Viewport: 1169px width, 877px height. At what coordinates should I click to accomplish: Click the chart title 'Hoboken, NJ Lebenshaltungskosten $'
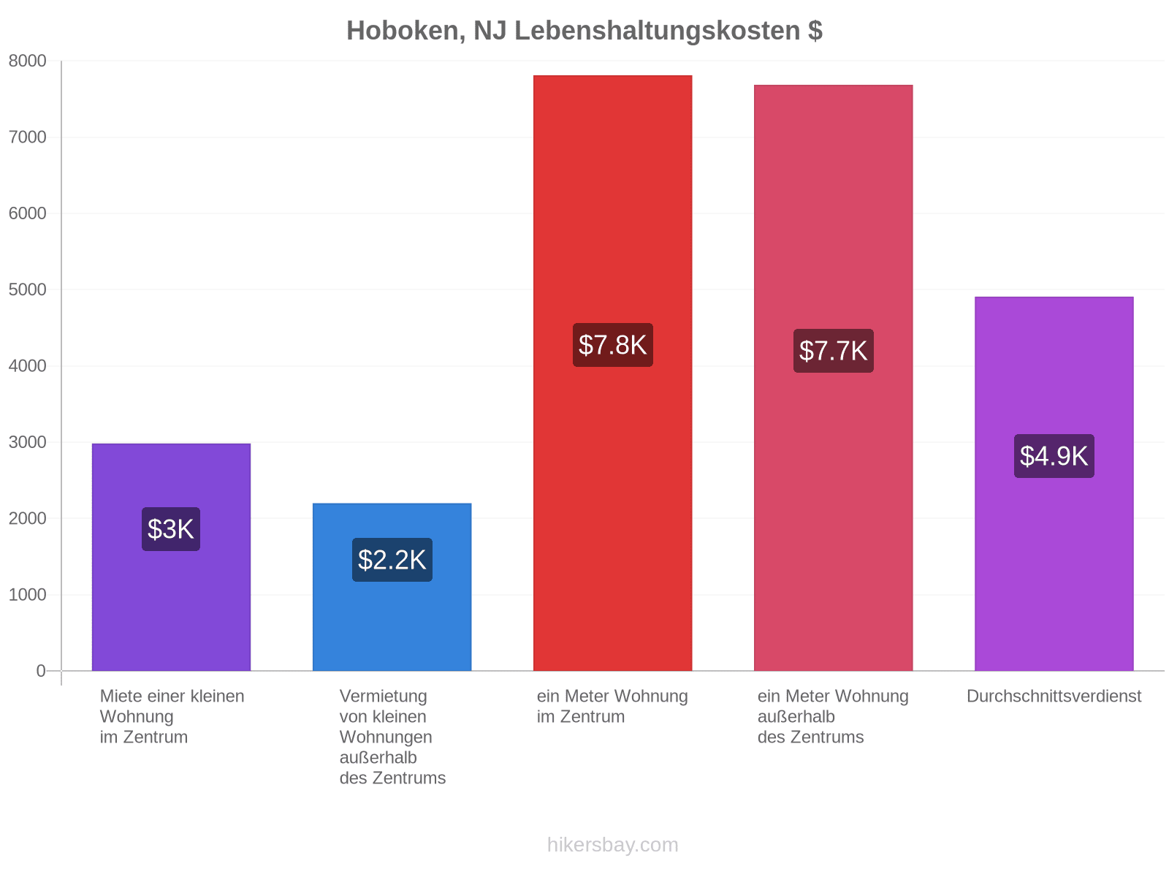(584, 31)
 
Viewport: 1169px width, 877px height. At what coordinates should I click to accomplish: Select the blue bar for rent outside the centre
(392, 587)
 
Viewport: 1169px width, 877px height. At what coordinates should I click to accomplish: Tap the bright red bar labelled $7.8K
(612, 373)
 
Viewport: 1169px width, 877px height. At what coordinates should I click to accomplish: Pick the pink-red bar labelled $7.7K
(833, 378)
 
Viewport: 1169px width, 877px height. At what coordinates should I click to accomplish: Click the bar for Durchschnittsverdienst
(1054, 484)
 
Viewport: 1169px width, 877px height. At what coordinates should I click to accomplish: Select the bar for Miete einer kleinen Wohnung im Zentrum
(171, 557)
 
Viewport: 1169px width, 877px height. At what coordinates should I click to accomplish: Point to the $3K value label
(171, 529)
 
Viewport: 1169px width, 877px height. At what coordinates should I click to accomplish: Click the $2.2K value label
(392, 560)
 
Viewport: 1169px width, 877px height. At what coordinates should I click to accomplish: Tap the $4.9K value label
(1054, 456)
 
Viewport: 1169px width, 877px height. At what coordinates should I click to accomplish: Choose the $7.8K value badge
(612, 345)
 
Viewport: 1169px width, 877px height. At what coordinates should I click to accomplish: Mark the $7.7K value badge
(833, 351)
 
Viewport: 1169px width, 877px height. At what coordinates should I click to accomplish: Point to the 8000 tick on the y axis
(27, 61)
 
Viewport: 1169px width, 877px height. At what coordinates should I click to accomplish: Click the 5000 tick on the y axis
(27, 289)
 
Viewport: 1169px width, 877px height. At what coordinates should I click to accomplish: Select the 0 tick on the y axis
(41, 671)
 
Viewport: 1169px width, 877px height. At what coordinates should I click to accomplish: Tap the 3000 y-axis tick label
(27, 442)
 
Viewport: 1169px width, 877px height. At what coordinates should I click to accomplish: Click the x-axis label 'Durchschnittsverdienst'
(1054, 696)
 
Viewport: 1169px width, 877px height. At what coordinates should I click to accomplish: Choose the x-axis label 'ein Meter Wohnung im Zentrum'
(612, 707)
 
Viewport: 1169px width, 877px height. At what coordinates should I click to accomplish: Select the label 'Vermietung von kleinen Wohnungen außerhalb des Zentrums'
(392, 737)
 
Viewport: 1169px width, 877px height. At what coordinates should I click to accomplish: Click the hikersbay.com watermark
(612, 845)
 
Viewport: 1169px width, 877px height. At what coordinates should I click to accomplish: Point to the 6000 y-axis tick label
(27, 213)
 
